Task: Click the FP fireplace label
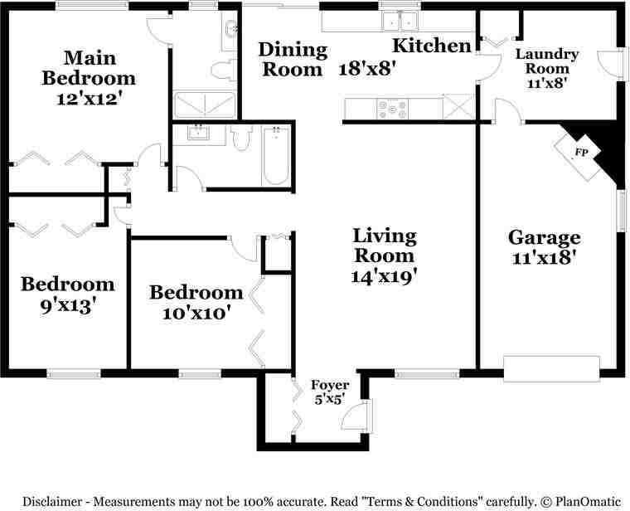pos(582,153)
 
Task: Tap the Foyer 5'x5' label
pos(330,392)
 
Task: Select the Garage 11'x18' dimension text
pos(544,257)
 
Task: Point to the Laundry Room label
pos(547,61)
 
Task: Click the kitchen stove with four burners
pos(393,109)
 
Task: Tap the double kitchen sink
pos(400,22)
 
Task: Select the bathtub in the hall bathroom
pos(276,155)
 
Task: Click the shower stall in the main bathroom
pos(205,105)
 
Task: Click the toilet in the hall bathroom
pos(242,138)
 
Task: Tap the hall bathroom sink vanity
pos(198,134)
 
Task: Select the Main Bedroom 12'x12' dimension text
pos(89,99)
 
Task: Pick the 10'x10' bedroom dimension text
pos(196,313)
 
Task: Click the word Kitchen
pos(432,46)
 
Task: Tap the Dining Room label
pos(293,59)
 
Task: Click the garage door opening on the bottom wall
pos(551,368)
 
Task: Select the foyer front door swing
pos(356,416)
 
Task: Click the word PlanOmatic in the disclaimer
pos(589,501)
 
